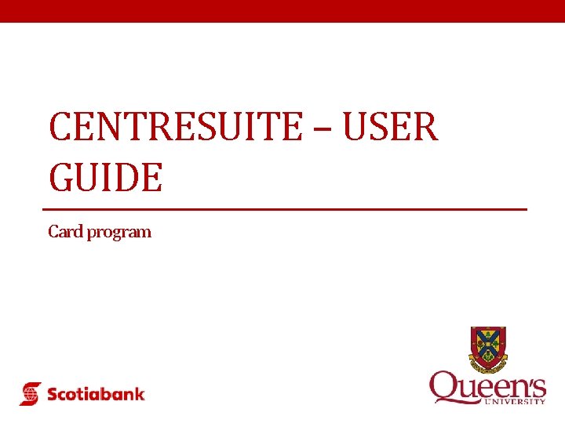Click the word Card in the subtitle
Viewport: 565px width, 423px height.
click(x=65, y=232)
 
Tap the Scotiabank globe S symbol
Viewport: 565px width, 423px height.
click(x=31, y=393)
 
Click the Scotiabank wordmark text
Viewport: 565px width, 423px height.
click(x=96, y=393)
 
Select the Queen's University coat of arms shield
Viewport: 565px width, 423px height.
click(x=488, y=346)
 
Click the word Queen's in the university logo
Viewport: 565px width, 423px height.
click(x=487, y=387)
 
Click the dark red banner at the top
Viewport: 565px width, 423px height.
click(x=282, y=11)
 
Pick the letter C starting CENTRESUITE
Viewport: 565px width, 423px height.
click(x=59, y=127)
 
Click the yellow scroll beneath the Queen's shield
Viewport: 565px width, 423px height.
click(x=488, y=365)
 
